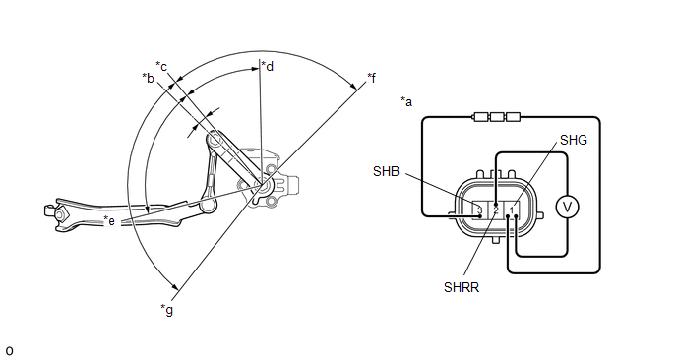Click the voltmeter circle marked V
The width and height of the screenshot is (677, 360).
click(x=567, y=208)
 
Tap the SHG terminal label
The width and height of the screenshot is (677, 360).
click(x=574, y=140)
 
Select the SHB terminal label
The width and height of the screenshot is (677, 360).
click(x=386, y=171)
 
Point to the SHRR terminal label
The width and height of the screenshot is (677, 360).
click(x=462, y=287)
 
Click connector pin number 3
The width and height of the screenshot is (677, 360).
click(x=479, y=210)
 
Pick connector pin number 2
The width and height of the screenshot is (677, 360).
click(x=496, y=210)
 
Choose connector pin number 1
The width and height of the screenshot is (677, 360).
click(x=512, y=210)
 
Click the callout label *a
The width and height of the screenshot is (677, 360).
click(x=406, y=102)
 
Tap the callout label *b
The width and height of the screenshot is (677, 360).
click(x=148, y=78)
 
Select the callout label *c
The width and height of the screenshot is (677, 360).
click(x=161, y=67)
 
